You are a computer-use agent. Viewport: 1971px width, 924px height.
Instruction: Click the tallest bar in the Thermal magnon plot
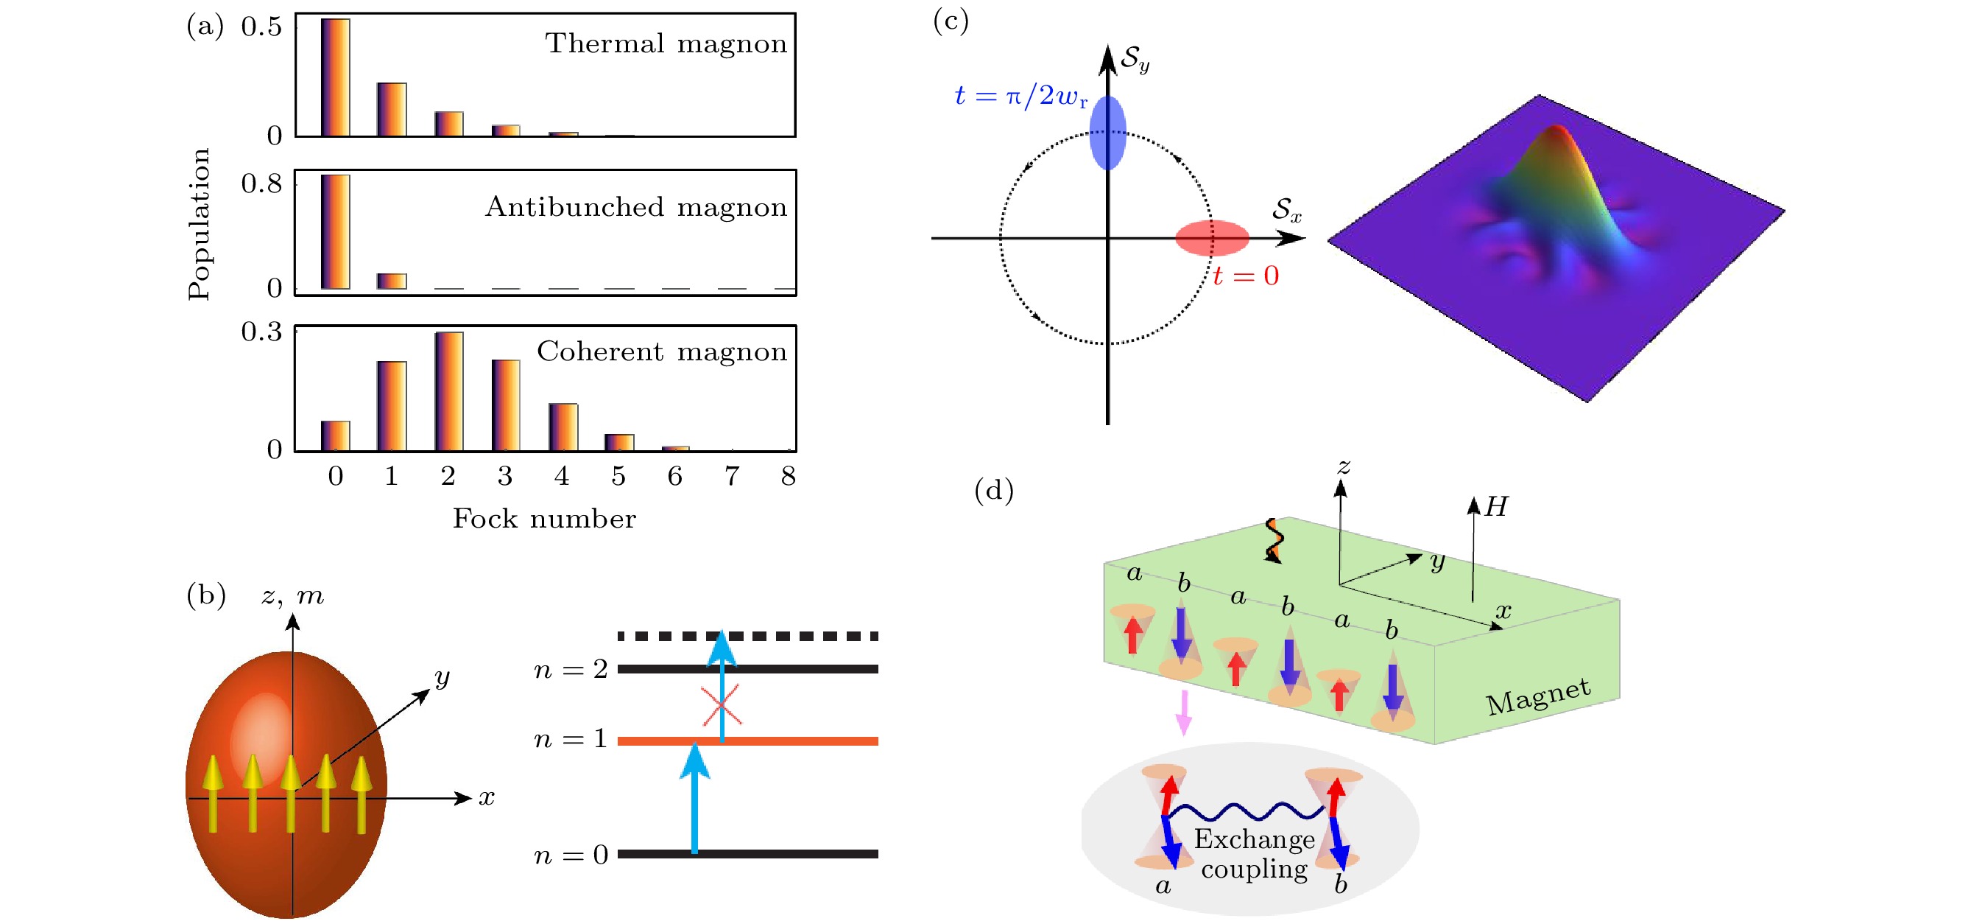[335, 77]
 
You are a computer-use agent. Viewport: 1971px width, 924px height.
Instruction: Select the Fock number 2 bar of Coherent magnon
[448, 391]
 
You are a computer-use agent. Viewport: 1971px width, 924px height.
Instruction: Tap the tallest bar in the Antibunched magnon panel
[335, 232]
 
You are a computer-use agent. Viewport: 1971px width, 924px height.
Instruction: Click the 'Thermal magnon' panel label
[665, 43]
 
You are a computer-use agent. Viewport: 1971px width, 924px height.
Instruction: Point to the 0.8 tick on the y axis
[261, 183]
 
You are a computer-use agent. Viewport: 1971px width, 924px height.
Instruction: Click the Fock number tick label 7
[731, 476]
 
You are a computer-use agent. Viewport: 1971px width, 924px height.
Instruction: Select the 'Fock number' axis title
[544, 519]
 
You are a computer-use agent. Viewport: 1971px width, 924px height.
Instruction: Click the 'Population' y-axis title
[199, 223]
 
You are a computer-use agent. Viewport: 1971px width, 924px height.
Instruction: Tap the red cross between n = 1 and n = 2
[721, 704]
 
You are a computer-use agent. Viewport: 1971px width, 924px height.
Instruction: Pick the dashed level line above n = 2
[747, 636]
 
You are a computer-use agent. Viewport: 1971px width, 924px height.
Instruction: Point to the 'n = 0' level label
[570, 854]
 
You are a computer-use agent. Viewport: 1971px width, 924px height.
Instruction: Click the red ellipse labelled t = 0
[1212, 238]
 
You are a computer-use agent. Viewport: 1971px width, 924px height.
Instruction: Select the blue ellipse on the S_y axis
[1107, 133]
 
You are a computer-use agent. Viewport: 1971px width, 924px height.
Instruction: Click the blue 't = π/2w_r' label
[1020, 97]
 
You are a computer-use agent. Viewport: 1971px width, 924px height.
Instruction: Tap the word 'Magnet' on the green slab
[1537, 696]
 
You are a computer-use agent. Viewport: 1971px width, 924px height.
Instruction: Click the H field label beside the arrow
[1496, 507]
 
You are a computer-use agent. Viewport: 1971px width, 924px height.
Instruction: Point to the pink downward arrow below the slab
[1184, 713]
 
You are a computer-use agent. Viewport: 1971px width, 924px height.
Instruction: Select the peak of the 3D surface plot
[1556, 130]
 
